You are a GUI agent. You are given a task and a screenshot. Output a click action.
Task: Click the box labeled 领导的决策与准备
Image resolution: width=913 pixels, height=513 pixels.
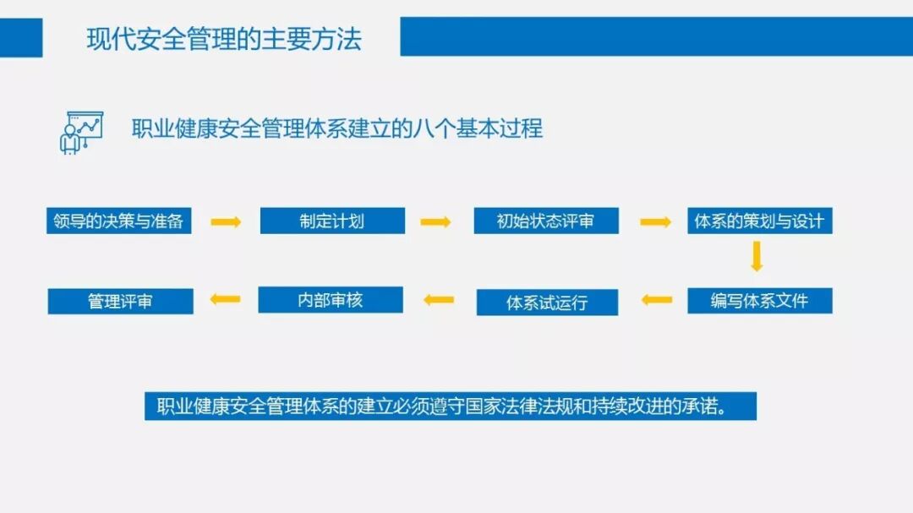pos(118,221)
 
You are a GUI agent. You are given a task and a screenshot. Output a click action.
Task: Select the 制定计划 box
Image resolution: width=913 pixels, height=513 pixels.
pos(332,221)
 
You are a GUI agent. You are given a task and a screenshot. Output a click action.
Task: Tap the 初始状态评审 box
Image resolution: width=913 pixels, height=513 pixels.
pos(545,221)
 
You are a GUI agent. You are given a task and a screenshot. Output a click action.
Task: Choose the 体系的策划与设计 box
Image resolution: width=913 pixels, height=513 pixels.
pos(759,221)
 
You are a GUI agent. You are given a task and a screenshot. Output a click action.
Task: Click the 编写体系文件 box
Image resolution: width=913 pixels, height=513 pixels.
pos(759,301)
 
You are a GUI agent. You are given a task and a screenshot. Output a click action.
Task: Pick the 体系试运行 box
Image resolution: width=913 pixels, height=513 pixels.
pos(547,303)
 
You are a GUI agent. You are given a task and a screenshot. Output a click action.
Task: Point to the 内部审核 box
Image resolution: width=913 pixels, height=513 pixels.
pos(331,300)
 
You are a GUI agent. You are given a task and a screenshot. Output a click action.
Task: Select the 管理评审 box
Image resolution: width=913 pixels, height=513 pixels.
pos(120,302)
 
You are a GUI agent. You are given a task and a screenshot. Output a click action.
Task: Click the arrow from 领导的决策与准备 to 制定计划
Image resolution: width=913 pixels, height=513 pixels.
pos(226,222)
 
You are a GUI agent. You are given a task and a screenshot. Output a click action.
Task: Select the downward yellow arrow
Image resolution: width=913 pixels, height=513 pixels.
pos(757,256)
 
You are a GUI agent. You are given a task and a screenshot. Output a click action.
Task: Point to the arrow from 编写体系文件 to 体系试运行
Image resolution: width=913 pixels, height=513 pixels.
pos(656,299)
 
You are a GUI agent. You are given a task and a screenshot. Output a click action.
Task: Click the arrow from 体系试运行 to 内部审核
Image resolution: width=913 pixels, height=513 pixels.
pos(439,299)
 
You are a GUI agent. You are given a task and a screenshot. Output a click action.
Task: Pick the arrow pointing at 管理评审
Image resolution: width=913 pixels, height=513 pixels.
pos(225,298)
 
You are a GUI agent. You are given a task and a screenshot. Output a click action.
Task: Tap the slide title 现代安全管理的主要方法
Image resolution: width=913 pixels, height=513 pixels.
pos(224,39)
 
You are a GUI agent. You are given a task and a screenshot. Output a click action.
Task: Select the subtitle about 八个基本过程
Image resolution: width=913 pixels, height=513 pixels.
pos(336,128)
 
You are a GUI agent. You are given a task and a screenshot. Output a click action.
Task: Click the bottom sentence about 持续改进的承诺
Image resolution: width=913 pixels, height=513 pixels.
pos(450,407)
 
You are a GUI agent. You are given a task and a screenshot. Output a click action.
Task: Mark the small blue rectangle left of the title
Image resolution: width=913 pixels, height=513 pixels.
pos(21,38)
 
